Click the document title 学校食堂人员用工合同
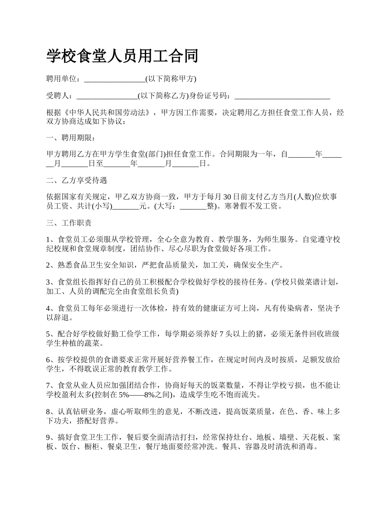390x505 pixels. pyautogui.click(x=122, y=56)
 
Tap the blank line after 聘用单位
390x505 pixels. pyautogui.click(x=115, y=79)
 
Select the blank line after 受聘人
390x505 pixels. pyautogui.click(x=107, y=96)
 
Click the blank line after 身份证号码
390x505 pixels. pyautogui.click(x=282, y=96)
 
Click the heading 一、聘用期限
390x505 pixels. pyautogui.click(x=70, y=138)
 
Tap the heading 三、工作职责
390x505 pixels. pyautogui.click(x=69, y=223)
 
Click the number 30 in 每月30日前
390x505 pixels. pyautogui.click(x=227, y=197)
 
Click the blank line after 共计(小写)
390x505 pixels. pyautogui.click(x=125, y=207)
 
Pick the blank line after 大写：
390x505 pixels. pyautogui.click(x=193, y=207)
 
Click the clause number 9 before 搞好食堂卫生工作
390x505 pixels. pyautogui.click(x=48, y=438)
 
